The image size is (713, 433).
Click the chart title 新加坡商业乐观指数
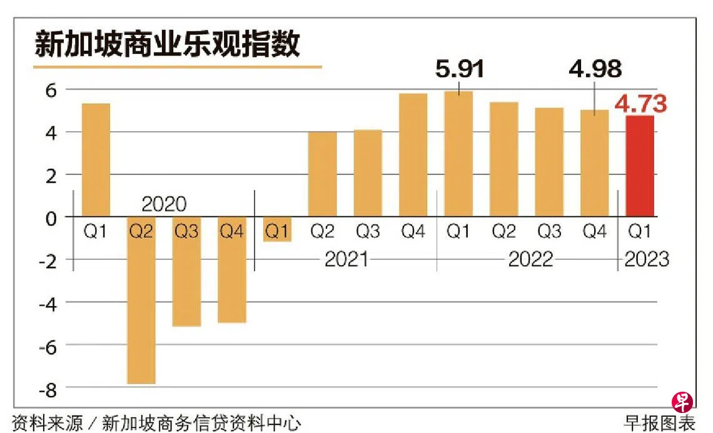coord(167,45)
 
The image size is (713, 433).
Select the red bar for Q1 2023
coord(640,166)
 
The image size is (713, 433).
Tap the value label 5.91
coord(460,68)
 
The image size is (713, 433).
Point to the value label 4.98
coord(594,68)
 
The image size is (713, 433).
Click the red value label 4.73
coord(640,104)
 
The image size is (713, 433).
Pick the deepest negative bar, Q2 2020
coord(141,300)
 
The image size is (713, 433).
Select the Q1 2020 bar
coord(96,160)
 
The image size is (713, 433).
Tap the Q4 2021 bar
coord(413,155)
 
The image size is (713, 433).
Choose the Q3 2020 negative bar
coord(186,272)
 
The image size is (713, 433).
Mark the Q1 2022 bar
coord(458,153)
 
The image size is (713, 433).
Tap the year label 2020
coord(164,204)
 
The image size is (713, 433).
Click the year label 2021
coord(346,258)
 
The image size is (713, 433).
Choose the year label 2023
coord(644,258)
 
